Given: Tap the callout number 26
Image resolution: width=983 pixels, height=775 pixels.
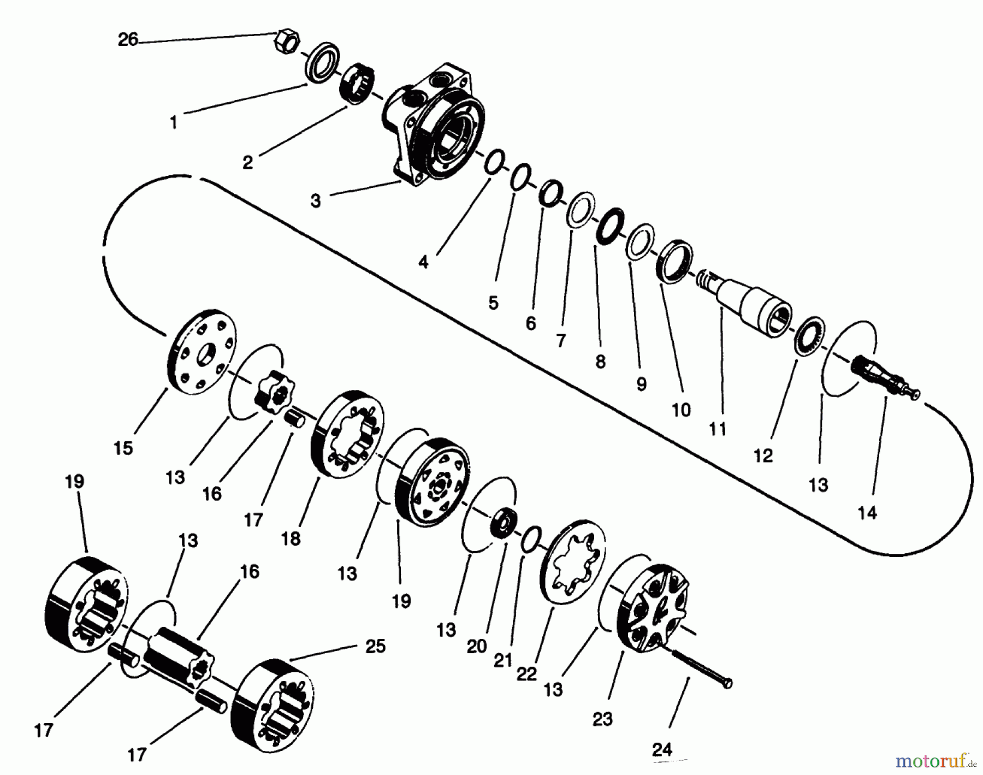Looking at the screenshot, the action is [x=128, y=40].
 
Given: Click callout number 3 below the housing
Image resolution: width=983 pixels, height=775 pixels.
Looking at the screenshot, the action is [x=316, y=201].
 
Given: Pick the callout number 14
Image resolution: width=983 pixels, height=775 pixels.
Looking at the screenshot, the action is [x=867, y=513].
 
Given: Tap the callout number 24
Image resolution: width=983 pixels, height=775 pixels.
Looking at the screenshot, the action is [x=662, y=750].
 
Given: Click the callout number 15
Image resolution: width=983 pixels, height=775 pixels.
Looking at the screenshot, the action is [x=123, y=448].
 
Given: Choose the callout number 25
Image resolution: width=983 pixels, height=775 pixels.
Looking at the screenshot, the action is [x=375, y=646].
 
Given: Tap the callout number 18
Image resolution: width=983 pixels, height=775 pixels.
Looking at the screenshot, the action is [x=291, y=539].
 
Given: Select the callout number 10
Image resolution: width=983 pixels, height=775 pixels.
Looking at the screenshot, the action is [x=681, y=410].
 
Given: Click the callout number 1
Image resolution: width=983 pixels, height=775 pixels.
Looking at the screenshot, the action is [x=174, y=123].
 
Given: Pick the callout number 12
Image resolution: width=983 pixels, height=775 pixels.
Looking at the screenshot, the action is [x=763, y=455].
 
